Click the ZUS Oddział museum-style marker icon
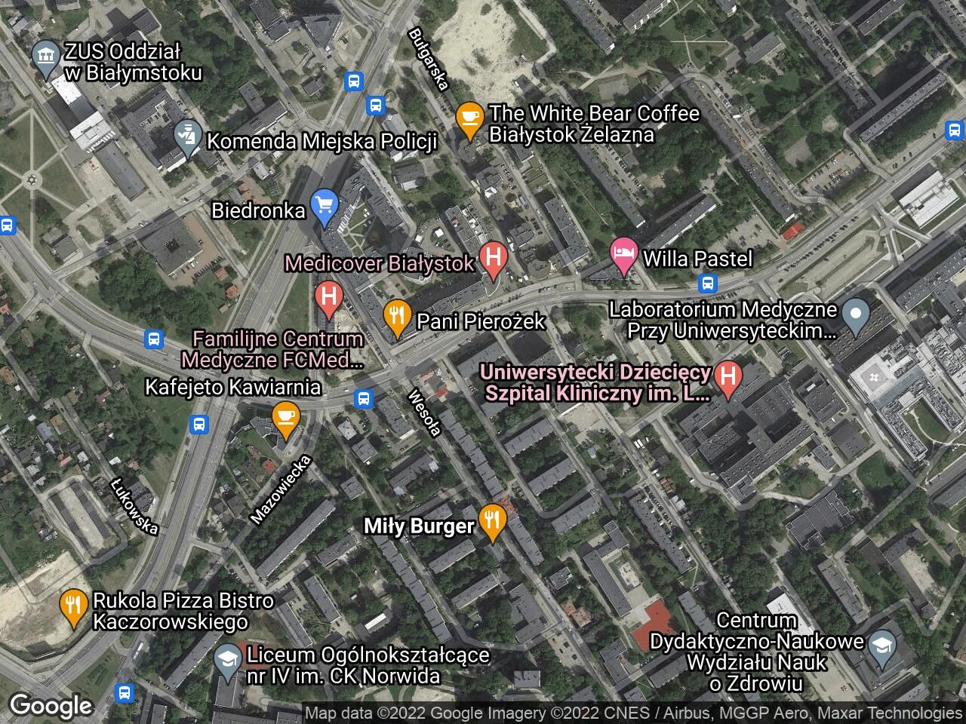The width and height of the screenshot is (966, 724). click(x=47, y=57)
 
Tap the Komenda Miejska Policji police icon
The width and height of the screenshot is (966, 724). click(x=185, y=137)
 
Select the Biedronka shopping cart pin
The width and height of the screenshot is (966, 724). click(x=325, y=206)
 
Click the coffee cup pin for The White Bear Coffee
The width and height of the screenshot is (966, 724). click(x=469, y=119)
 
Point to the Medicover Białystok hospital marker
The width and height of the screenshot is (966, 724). click(x=494, y=259)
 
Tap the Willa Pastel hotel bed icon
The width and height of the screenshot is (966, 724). click(x=623, y=256)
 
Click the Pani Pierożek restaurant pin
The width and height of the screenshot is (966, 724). click(x=396, y=317)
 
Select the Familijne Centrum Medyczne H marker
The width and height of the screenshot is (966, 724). click(x=328, y=296)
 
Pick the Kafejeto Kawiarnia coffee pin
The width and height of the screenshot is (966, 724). click(x=285, y=419)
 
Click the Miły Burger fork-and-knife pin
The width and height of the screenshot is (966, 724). click(x=492, y=521)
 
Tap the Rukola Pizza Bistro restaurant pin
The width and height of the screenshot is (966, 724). click(x=72, y=606)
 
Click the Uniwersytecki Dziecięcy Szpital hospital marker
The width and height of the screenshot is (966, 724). click(x=728, y=377)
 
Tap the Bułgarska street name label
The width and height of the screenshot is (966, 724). click(x=428, y=59)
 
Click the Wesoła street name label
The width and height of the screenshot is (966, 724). click(x=423, y=413)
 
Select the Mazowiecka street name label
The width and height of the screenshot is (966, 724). click(x=281, y=489)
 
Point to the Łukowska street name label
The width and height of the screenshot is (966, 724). click(x=134, y=507)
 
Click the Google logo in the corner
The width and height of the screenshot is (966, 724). click(x=51, y=706)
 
